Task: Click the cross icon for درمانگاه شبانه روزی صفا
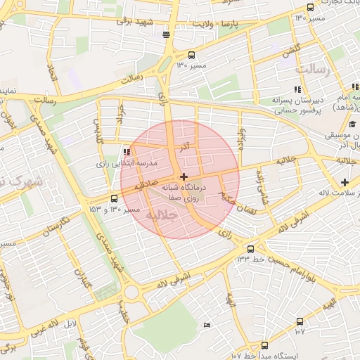click(x=184, y=176)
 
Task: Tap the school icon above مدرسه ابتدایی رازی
click(x=127, y=152)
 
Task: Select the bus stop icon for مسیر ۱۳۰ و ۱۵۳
click(x=115, y=198)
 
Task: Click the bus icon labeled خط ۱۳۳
click(x=250, y=248)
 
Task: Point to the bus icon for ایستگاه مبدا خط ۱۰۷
click(x=264, y=345)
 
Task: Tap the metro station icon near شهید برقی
click(x=166, y=34)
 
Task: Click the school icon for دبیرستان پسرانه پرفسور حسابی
click(x=297, y=89)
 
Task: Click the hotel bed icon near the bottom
click(x=206, y=325)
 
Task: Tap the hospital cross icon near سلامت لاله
click(x=344, y=183)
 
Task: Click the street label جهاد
click(x=122, y=114)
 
